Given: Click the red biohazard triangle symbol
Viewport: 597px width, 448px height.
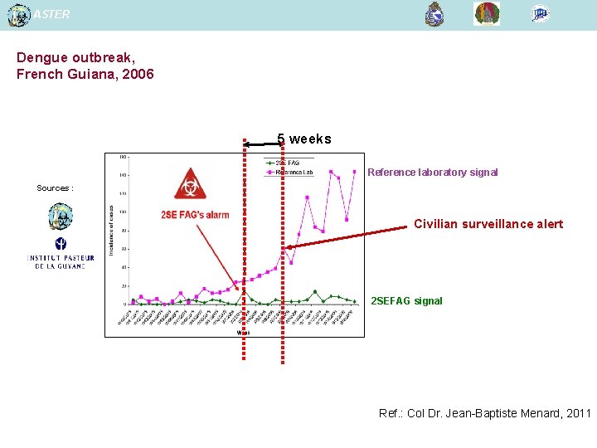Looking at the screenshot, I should coord(191,184).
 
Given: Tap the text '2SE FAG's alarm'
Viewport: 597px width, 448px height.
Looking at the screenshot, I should coord(195,215).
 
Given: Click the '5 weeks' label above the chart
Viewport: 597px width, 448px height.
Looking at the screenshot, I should coord(303,139).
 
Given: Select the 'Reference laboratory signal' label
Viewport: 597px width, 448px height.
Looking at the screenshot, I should coord(432,173).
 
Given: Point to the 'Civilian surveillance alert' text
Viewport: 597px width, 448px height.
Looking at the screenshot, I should coord(488,224).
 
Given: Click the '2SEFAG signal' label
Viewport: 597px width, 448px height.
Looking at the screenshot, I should coord(406,301).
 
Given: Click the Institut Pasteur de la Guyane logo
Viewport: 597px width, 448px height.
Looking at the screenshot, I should coord(61,253).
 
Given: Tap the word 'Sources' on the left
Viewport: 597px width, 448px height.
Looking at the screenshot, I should coord(53,188).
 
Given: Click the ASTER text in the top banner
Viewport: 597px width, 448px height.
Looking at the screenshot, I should coord(52,14).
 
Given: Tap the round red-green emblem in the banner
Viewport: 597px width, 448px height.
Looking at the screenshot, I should coord(487,14).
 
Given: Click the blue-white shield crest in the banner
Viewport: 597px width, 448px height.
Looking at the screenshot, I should coord(434,14).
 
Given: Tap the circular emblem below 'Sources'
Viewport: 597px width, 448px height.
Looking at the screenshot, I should coord(61,216).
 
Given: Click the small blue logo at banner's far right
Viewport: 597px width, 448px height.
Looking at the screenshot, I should coord(541,13).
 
